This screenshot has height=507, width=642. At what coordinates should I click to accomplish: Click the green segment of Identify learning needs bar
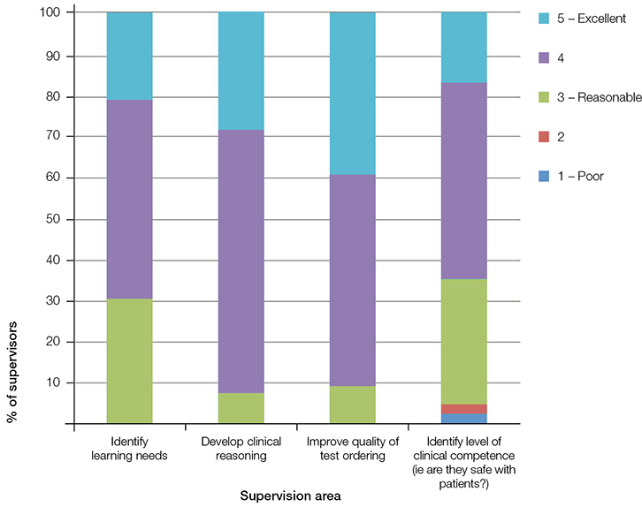[x=129, y=360]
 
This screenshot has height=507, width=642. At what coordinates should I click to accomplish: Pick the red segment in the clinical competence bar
[x=463, y=408]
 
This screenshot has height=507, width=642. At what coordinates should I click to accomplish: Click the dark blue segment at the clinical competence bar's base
[x=463, y=418]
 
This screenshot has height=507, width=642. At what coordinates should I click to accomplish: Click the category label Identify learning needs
[x=129, y=447]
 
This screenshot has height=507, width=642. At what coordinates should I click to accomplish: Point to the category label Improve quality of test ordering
[x=352, y=447]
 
